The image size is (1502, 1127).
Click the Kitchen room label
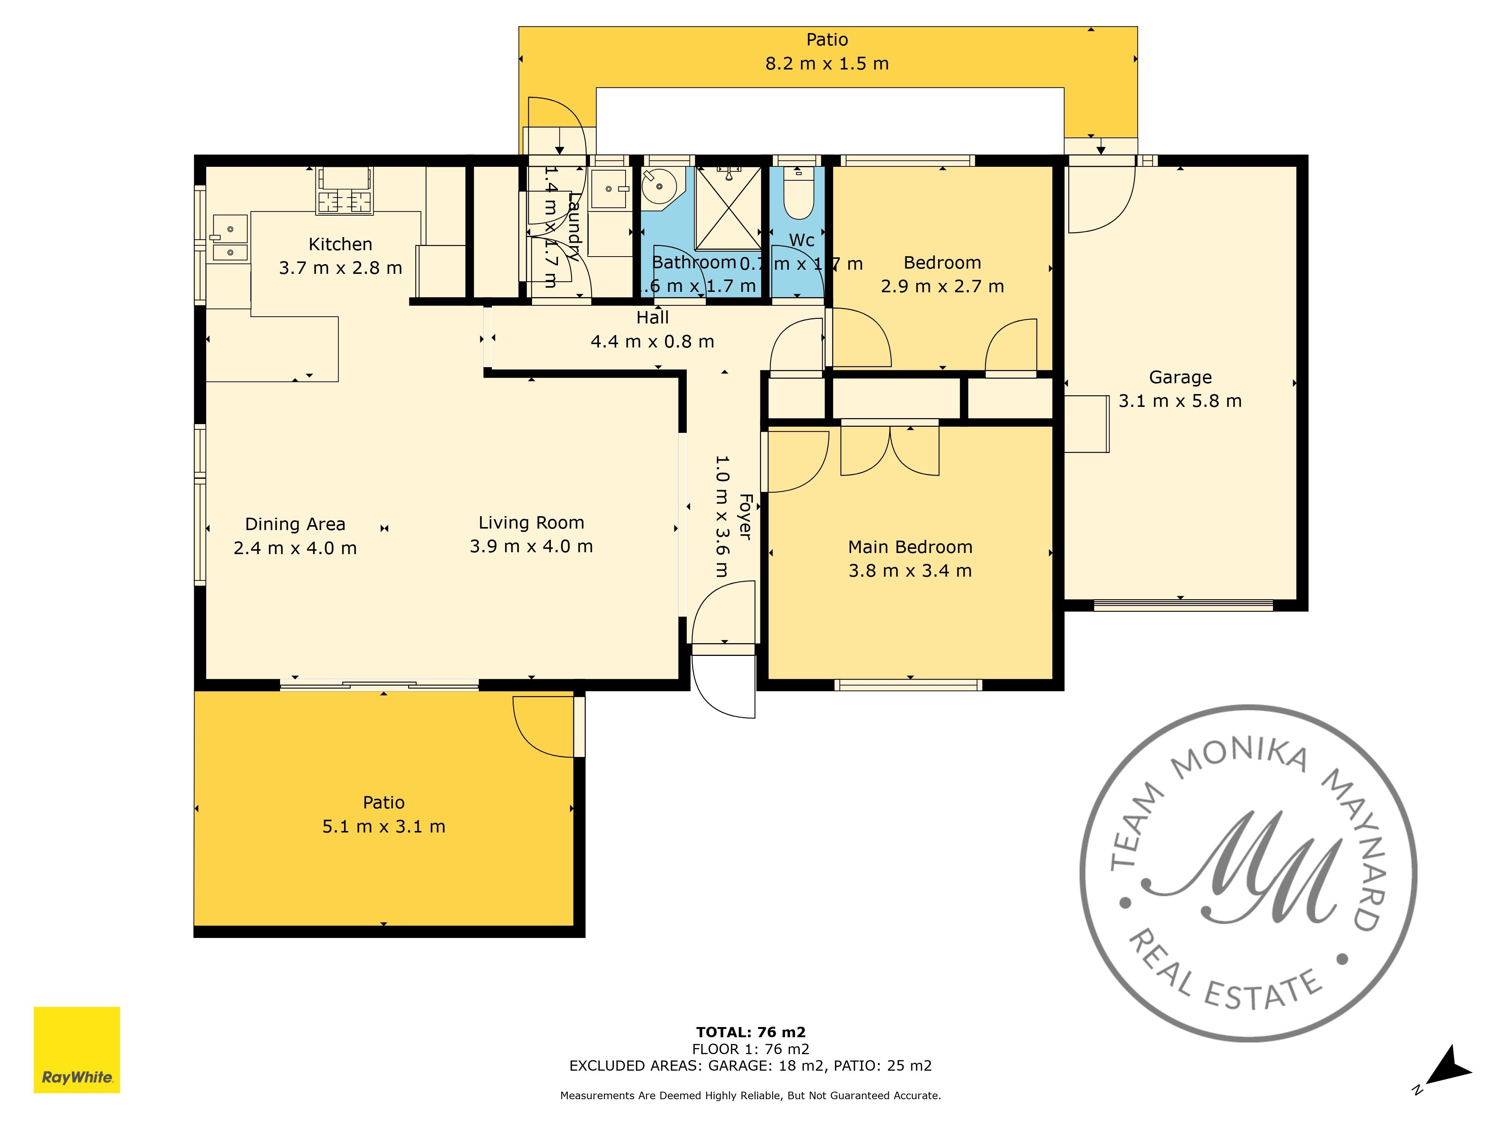click(x=340, y=245)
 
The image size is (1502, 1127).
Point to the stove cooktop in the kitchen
click(x=345, y=201)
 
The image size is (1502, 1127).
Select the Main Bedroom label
click(x=910, y=547)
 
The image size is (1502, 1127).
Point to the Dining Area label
click(x=295, y=524)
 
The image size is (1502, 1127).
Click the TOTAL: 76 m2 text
click(x=750, y=1033)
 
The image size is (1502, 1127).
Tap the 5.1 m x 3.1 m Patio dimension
click(x=384, y=827)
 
